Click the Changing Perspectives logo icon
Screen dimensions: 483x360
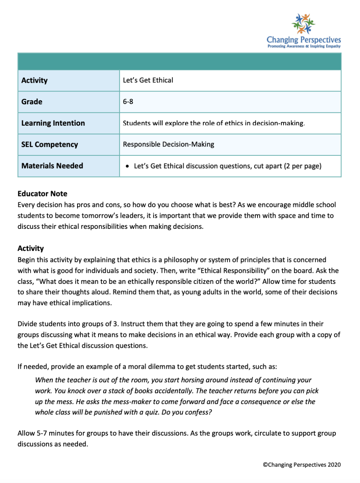303,24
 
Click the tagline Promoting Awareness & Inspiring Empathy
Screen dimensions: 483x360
304,47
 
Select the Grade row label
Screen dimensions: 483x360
32,102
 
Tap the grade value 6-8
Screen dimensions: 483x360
128,102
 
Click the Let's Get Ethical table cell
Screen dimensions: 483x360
148,80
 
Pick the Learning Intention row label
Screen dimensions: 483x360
53,123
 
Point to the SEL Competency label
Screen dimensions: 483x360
50,144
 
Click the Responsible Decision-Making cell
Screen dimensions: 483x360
169,144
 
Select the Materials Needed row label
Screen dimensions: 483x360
52,166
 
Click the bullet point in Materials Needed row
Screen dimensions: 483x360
127,166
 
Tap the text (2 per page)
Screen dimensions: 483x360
303,166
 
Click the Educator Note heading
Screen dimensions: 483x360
42,194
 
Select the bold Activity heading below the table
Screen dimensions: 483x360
30,248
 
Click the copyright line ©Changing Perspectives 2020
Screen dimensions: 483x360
302,465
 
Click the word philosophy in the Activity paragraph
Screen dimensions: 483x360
181,260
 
